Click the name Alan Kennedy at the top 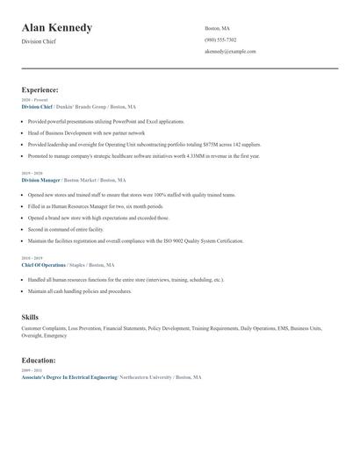[57, 28]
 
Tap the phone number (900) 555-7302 [220, 40]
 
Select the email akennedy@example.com [230, 52]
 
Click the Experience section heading [40, 89]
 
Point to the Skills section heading [30, 316]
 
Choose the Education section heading [39, 360]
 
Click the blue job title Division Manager [41, 179]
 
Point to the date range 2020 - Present [35, 100]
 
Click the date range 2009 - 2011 [31, 370]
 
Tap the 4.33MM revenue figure [197, 155]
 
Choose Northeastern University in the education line [145, 376]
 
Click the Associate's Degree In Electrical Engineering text [69, 376]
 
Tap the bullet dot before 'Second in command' [24, 229]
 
